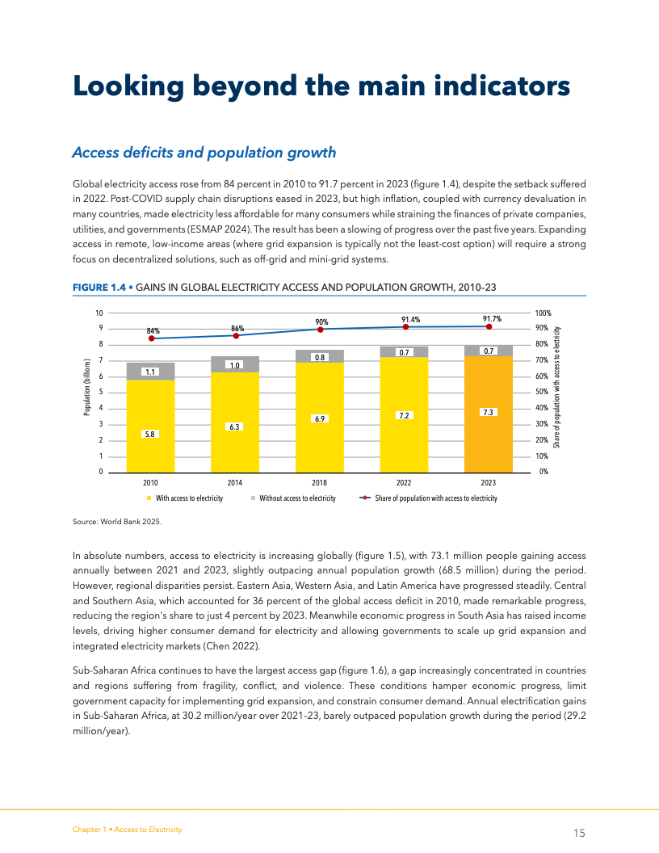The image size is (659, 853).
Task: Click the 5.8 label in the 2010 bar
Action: [x=149, y=434]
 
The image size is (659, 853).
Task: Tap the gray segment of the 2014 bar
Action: [x=235, y=364]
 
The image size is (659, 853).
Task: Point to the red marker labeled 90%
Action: [x=321, y=330]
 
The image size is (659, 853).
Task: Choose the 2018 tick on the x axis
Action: [x=319, y=482]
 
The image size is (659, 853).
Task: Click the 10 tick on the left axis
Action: [x=99, y=313]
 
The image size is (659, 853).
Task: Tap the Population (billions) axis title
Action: [x=86, y=388]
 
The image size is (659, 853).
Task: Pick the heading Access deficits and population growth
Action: [x=204, y=153]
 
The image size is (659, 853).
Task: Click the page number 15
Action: [x=578, y=833]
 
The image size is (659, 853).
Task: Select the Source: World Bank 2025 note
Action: [x=117, y=521]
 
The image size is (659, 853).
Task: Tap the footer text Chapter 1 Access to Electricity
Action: [x=127, y=830]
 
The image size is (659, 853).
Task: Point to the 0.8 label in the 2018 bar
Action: [x=320, y=357]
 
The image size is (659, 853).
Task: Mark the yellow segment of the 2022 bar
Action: [x=405, y=428]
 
